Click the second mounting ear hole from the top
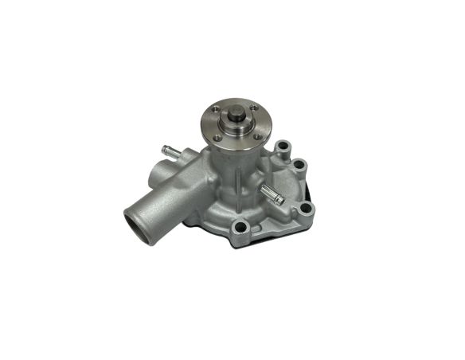pyautogui.click(x=299, y=165)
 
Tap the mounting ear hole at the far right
pyautogui.click(x=307, y=209)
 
